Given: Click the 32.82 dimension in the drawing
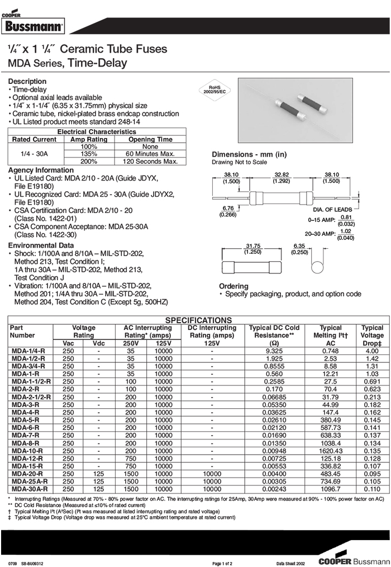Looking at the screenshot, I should click(x=281, y=177).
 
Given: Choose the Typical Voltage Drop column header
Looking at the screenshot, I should click(x=372, y=335).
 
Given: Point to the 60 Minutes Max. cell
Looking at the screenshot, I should click(x=150, y=154).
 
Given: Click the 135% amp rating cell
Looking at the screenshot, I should click(x=88, y=154).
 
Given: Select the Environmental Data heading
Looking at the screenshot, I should click(x=40, y=245).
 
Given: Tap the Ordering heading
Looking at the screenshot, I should click(x=233, y=286).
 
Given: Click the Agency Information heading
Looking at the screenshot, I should click(x=41, y=170).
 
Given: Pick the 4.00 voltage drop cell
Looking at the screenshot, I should click(x=372, y=351).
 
